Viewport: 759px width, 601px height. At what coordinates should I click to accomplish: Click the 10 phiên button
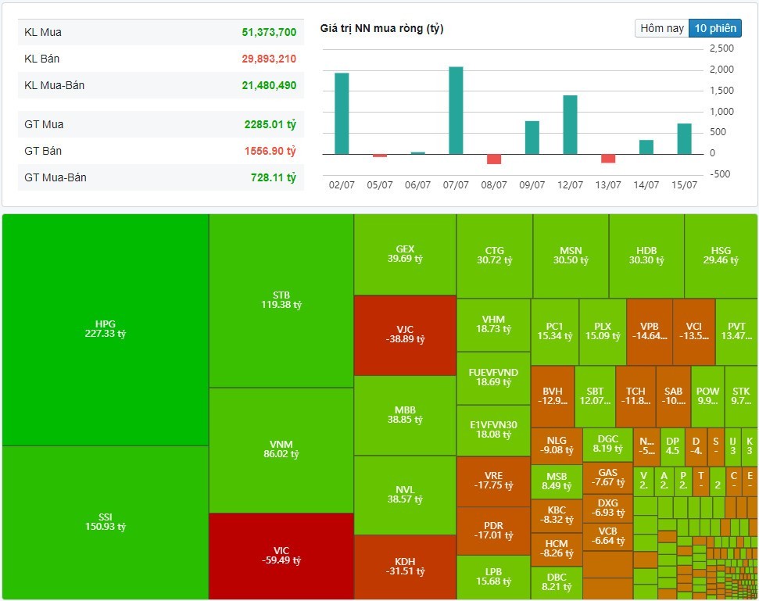tap(714, 28)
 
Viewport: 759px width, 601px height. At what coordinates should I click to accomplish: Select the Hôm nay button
tap(662, 28)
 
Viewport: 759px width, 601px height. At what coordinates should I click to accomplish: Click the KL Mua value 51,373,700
tap(269, 33)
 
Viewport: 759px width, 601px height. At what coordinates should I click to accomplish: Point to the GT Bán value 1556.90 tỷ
tap(270, 151)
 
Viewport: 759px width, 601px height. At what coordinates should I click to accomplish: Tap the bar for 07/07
tap(456, 110)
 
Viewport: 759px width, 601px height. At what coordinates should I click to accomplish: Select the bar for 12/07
tap(570, 124)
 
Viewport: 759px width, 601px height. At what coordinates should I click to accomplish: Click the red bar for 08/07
tap(494, 159)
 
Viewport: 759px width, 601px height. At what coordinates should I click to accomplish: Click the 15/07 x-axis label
tap(684, 185)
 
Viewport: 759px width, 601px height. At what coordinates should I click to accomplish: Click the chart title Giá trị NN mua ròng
tap(381, 29)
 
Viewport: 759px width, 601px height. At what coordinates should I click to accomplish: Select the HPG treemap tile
tap(106, 329)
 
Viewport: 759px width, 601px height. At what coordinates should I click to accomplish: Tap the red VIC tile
tap(281, 556)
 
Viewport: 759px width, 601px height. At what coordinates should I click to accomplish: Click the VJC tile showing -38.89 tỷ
tap(404, 334)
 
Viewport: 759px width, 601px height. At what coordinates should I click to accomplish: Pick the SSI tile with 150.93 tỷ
tap(106, 521)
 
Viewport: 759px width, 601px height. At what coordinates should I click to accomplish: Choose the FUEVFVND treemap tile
tap(493, 377)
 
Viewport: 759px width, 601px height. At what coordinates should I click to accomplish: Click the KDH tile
tap(404, 567)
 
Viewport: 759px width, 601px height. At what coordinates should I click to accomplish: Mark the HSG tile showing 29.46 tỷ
tap(721, 256)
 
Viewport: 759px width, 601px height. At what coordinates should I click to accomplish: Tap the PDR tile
tap(493, 531)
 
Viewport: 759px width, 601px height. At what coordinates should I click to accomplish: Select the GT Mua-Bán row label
tap(55, 177)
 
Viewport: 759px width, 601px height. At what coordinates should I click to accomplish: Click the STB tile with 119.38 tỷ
tap(281, 300)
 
